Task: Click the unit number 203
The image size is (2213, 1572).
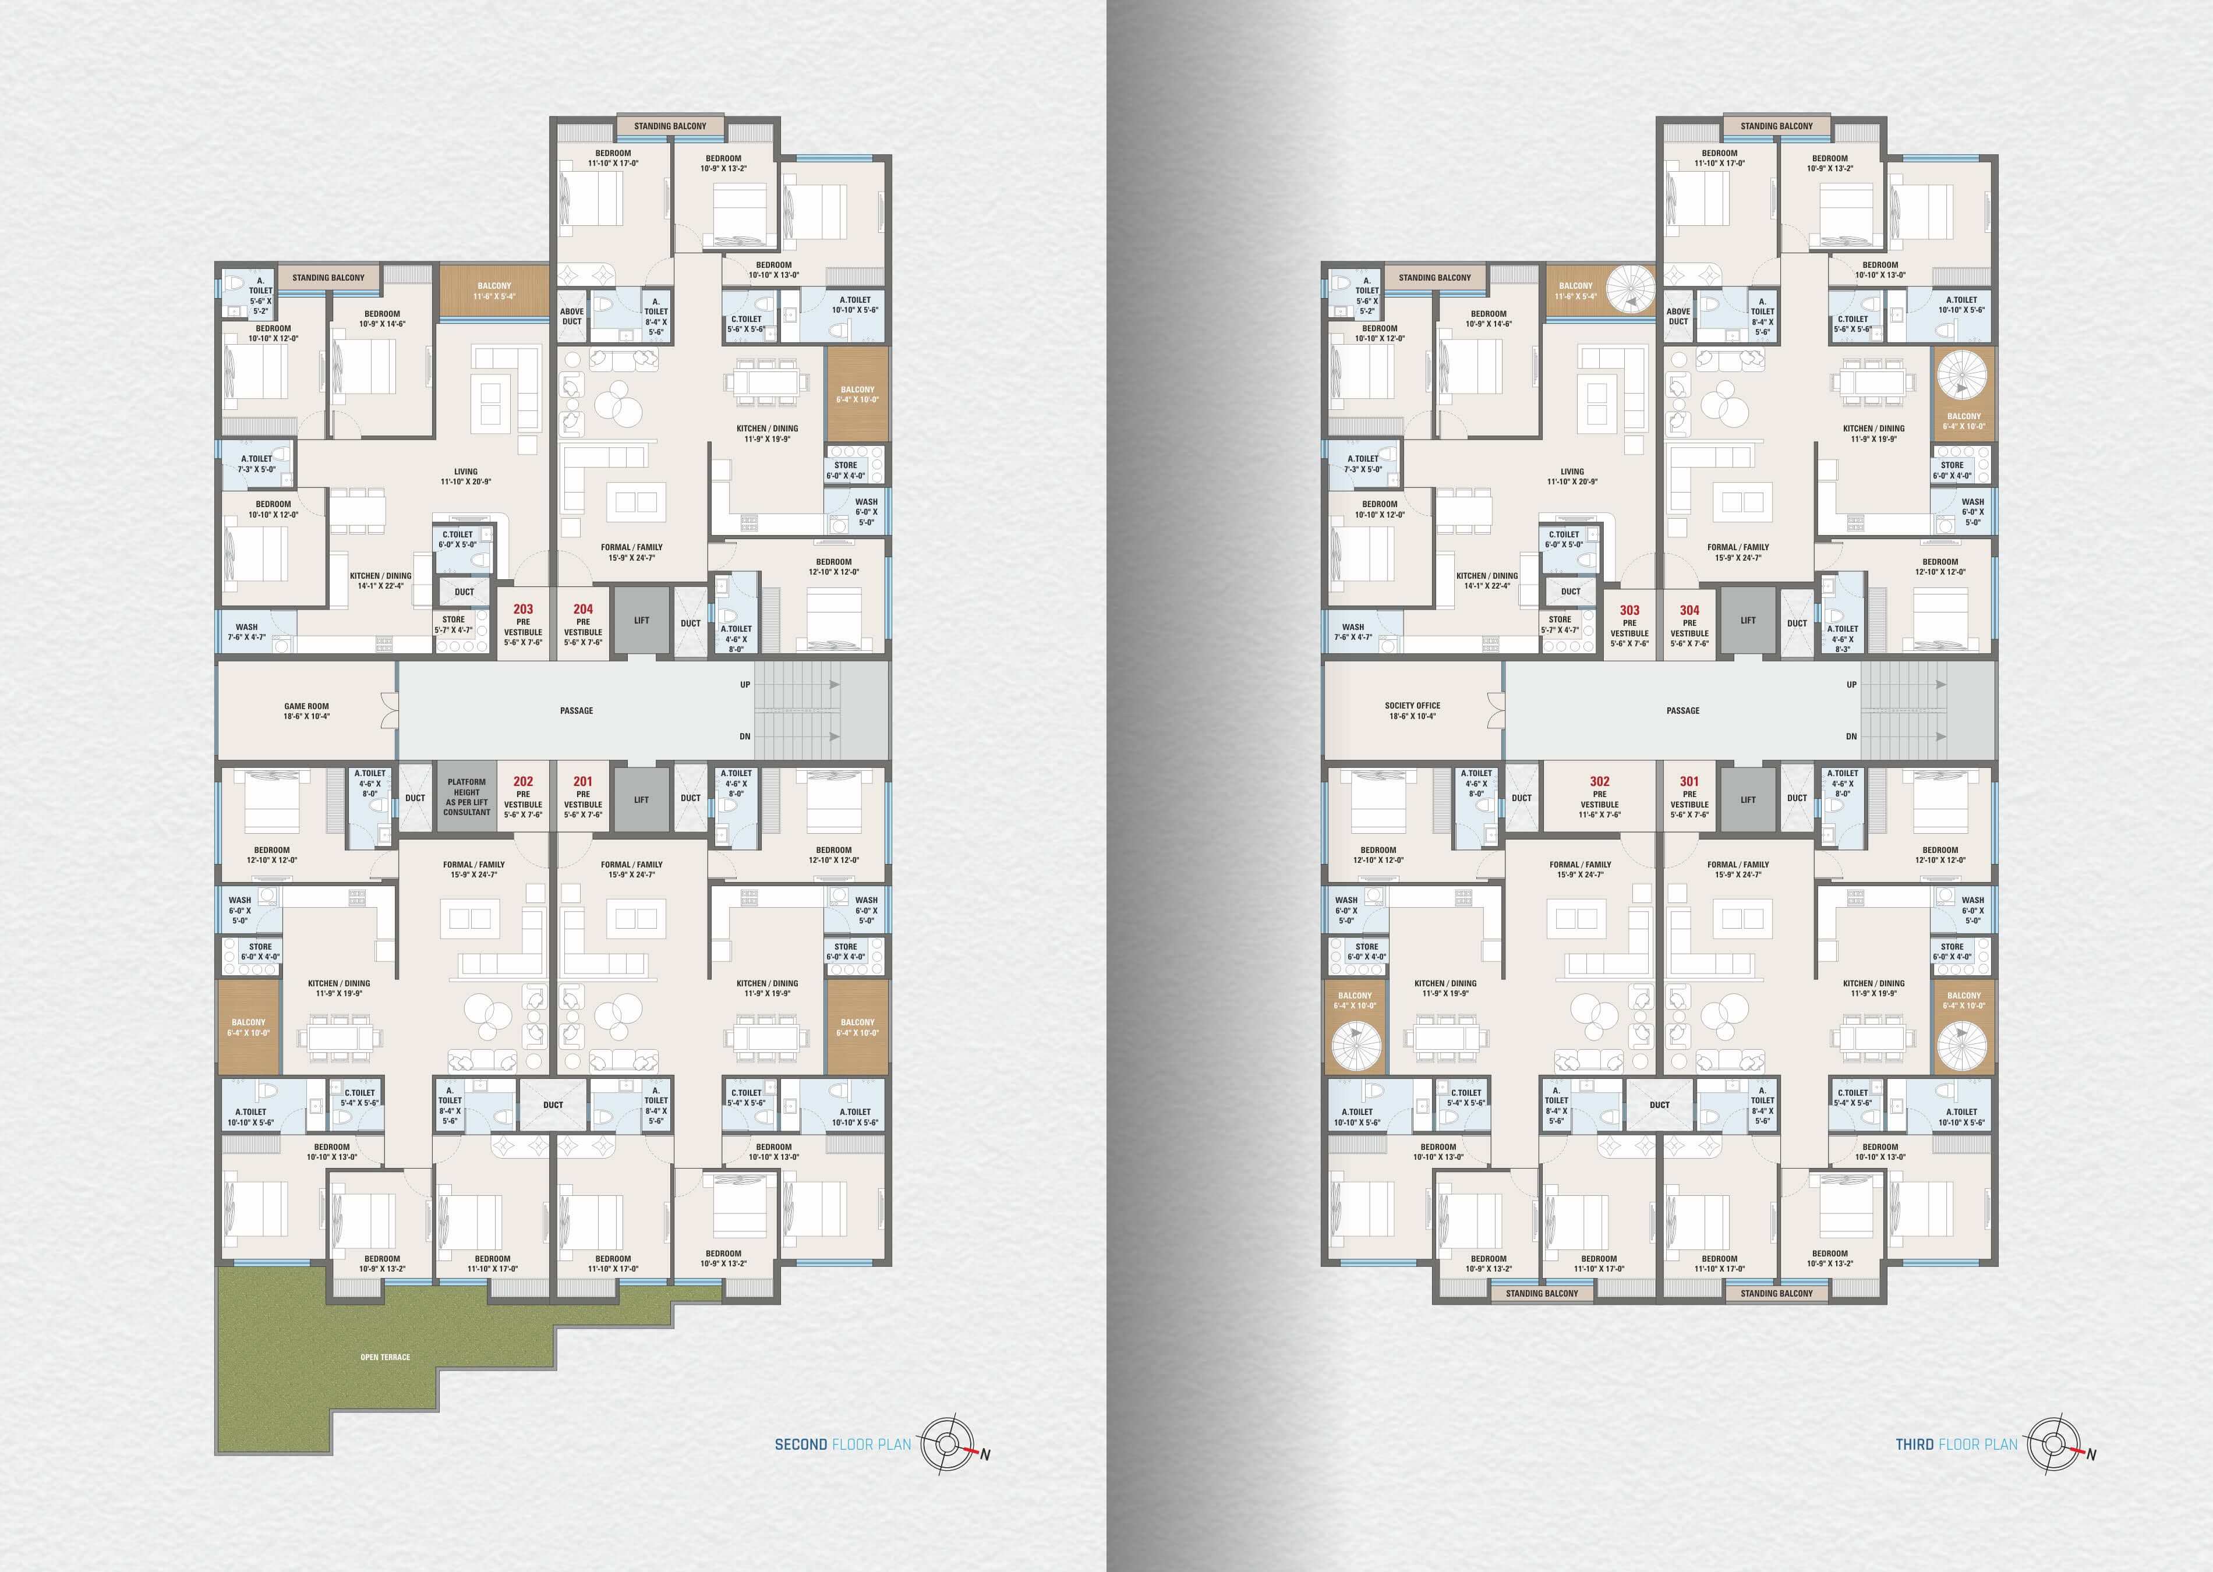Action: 523,609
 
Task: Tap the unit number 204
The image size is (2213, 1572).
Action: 583,609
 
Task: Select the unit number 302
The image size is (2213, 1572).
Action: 1599,781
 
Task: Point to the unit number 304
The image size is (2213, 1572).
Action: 1689,610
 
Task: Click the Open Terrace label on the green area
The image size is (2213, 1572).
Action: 386,1357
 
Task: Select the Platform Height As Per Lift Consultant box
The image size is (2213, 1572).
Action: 466,796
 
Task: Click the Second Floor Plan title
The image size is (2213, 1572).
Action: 842,1444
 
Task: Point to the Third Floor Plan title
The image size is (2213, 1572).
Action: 1956,1444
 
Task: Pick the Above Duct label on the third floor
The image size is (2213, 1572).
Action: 1678,317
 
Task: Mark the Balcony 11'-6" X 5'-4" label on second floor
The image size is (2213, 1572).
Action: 494,291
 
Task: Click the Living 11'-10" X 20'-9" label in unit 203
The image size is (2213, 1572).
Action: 466,476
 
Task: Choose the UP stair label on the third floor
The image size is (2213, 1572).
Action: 1852,684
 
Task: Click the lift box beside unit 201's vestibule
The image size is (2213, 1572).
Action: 641,799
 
